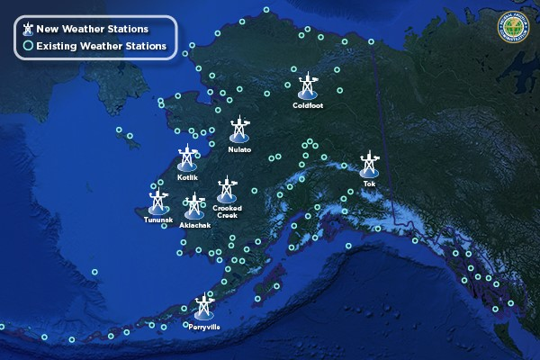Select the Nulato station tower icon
[238, 130]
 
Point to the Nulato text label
[239, 149]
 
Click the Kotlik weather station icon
[187, 157]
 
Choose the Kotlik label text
[187, 177]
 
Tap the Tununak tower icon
[158, 200]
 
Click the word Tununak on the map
[157, 220]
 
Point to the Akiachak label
[195, 225]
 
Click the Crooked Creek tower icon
[227, 189]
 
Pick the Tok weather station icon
[368, 165]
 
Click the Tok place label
[369, 184]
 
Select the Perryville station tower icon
[203, 308]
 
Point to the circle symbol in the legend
[28, 45]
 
